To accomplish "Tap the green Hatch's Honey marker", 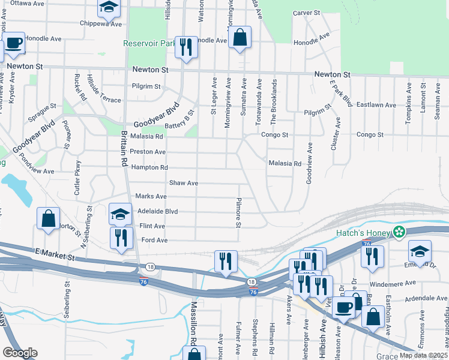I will click(399, 232).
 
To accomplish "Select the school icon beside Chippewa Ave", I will click(109, 7).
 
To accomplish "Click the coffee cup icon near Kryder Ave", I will click(13, 43).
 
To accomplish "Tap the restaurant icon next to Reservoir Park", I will click(185, 46).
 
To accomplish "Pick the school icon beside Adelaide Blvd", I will click(120, 214).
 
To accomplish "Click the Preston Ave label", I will click(148, 152).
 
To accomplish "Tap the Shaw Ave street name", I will click(184, 182).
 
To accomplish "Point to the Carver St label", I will click(307, 13).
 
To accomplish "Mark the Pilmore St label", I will click(238, 213).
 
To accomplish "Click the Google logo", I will click(20, 353).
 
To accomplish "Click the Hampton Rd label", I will click(149, 167).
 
